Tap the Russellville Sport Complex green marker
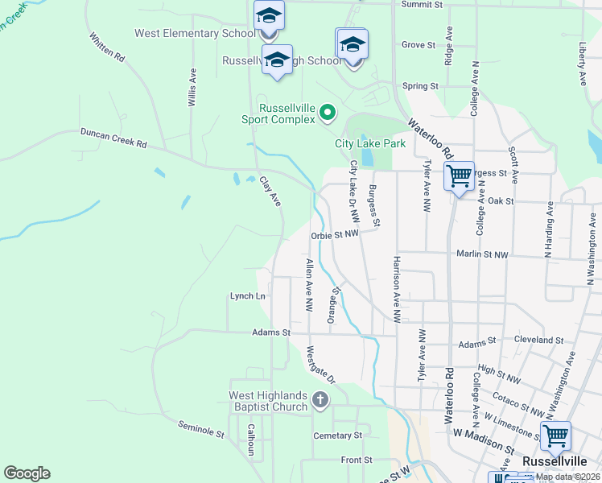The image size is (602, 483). click(327, 113)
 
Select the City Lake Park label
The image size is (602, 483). click(370, 143)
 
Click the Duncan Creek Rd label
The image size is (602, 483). click(113, 138)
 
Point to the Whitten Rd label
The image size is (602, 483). click(108, 47)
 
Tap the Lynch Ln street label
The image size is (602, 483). click(247, 296)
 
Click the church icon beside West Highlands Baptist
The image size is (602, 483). click(320, 400)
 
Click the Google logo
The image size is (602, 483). click(27, 473)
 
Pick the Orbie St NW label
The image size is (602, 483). click(334, 235)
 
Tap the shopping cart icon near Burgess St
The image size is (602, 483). click(459, 175)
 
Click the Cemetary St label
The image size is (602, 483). click(337, 436)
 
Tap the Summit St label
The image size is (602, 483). click(423, 4)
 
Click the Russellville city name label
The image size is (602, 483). click(552, 461)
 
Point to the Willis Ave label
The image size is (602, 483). click(192, 87)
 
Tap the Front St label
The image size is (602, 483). click(356, 460)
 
